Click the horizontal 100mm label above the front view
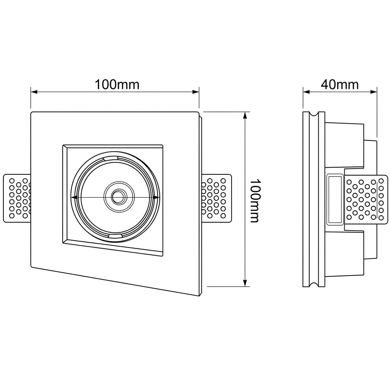116,84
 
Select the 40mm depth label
340,84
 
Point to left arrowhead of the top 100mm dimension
34,91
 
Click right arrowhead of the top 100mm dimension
195,91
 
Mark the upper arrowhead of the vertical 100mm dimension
245,115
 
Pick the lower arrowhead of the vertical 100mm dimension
245,284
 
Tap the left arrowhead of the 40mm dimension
306,91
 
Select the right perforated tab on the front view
216,198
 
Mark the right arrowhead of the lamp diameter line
157,197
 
